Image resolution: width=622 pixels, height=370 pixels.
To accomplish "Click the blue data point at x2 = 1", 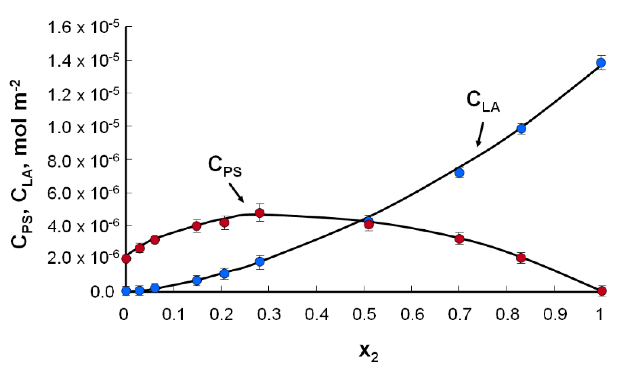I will click(x=601, y=63).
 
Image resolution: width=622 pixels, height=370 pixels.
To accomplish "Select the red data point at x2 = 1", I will click(x=602, y=291).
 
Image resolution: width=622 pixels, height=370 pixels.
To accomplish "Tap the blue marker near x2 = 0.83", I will click(x=521, y=129).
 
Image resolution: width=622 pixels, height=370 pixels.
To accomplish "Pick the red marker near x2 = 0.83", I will click(x=521, y=258).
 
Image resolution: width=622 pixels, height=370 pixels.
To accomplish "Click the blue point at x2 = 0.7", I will click(x=459, y=173).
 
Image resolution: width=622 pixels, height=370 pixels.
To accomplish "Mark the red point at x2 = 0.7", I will click(x=459, y=239).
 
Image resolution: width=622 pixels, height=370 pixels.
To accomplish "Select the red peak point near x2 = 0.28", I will click(x=260, y=213).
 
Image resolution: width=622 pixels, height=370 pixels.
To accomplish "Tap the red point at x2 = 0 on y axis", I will click(x=126, y=259).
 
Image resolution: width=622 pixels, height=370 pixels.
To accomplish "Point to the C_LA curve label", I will click(x=483, y=102).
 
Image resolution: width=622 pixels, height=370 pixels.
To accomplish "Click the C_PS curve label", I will click(x=225, y=167).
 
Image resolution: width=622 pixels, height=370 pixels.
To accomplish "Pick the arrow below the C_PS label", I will click(x=236, y=192).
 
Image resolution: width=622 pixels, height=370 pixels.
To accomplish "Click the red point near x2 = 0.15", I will click(x=197, y=226).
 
